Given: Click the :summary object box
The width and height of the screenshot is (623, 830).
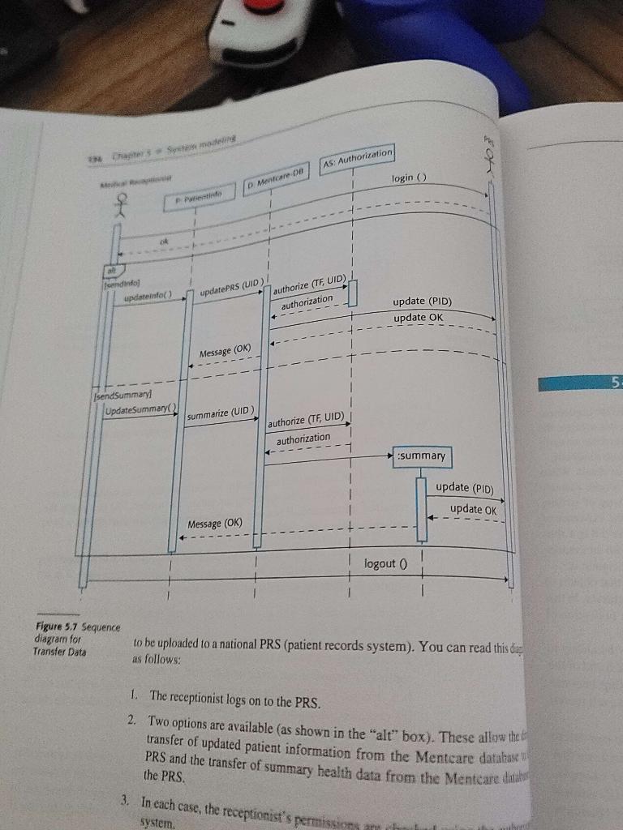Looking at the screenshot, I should click(422, 456).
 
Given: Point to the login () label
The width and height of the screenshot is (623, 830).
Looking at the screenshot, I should click(409, 177).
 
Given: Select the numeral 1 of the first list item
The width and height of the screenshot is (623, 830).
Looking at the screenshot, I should click(133, 696).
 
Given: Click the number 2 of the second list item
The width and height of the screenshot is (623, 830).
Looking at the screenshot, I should click(131, 721).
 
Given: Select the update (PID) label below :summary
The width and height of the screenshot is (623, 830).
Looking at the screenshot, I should click(463, 487).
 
